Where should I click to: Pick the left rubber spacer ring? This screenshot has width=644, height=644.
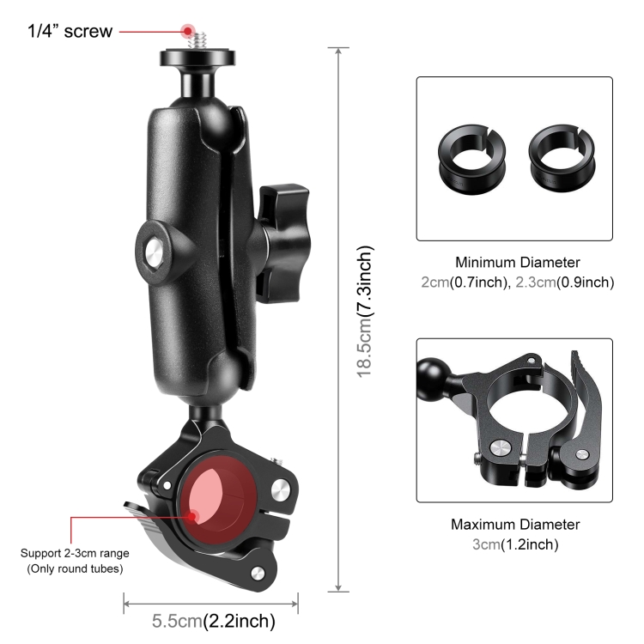471,156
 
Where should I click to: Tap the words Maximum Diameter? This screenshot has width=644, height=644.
514,524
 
